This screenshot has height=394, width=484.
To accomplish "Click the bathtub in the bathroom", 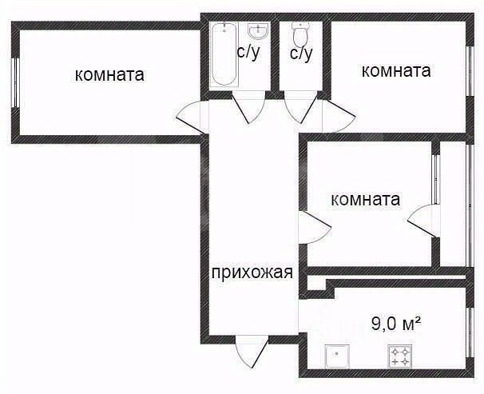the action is (x=224, y=54).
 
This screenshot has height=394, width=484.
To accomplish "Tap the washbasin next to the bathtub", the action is (x=257, y=31).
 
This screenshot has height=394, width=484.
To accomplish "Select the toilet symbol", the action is (x=300, y=34).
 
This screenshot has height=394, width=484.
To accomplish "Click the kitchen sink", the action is (x=337, y=356).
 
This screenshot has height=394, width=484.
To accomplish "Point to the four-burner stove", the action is (x=400, y=356).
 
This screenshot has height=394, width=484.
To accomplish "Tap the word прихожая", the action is (x=252, y=273).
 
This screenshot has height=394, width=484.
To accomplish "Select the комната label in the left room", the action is (x=109, y=75).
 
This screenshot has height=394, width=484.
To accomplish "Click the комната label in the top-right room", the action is (x=396, y=71).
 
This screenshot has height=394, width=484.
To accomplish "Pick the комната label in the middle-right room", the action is (x=366, y=200).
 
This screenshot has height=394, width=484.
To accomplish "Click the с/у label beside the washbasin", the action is (x=248, y=53).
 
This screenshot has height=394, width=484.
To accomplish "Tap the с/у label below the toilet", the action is (x=301, y=54).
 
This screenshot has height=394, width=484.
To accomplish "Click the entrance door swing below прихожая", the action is (x=251, y=352).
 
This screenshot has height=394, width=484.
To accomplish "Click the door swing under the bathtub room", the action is (x=249, y=107).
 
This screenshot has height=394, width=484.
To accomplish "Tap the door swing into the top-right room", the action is (x=339, y=116).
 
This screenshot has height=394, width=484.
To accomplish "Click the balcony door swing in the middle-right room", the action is (x=423, y=221).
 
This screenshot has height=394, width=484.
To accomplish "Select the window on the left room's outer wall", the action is (x=14, y=82).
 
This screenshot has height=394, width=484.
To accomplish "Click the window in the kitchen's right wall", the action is (x=470, y=332).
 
